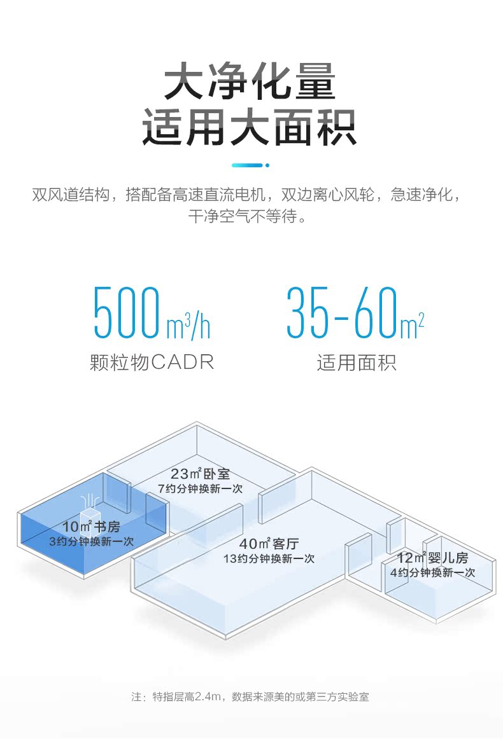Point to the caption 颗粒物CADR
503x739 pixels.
tap(152, 363)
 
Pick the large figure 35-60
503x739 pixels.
tap(341, 314)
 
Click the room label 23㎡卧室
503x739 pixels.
tap(200, 474)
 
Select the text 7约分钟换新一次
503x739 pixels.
tap(200, 488)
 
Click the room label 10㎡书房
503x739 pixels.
tap(91, 527)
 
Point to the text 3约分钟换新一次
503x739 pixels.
tap(91, 541)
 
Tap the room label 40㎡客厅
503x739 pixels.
tap(269, 544)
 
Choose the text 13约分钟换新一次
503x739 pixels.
tap(269, 558)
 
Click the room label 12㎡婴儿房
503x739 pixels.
tap(432, 558)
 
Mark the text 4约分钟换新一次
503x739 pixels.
tap(432, 572)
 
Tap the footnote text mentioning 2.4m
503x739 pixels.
tap(250, 697)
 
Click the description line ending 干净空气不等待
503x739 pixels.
tap(250, 217)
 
